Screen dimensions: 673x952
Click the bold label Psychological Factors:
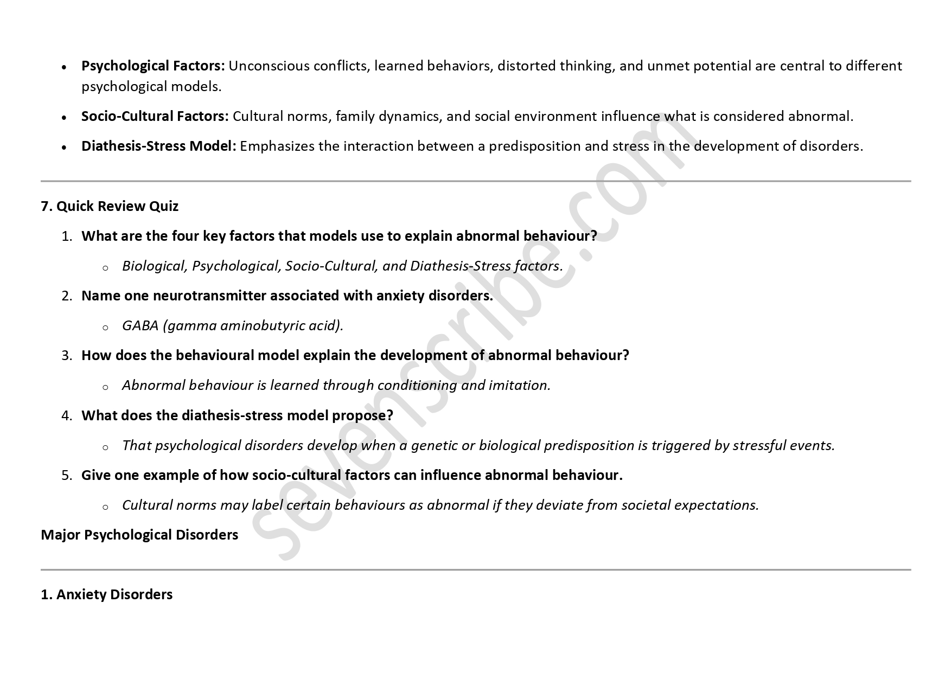point(153,66)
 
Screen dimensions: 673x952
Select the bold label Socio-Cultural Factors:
point(155,117)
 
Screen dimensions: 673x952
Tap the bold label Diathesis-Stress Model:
point(158,146)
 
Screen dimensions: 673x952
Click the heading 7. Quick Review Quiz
point(110,207)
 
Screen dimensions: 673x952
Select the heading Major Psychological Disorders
point(139,535)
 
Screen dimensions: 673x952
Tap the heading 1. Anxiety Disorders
point(107,595)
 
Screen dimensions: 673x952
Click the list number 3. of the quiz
point(67,356)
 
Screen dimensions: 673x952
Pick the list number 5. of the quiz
point(67,476)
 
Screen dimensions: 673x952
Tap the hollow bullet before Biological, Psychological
point(105,267)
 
